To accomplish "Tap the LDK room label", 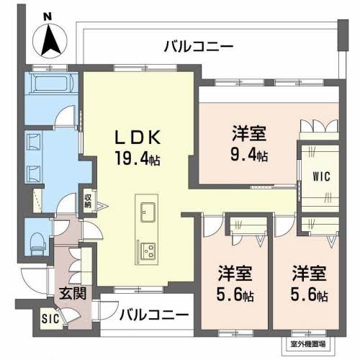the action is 138,138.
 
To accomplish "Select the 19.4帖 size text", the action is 138,158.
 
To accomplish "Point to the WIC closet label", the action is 321,177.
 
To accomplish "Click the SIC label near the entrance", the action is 50,319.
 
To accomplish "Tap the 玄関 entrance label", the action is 73,293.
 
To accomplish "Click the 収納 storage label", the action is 88,201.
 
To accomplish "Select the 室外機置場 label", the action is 308,344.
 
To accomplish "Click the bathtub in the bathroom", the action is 53,83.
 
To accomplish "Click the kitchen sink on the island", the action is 148,212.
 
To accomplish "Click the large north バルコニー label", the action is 199,46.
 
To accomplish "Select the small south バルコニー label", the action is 154,315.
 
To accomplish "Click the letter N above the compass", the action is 48,17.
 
